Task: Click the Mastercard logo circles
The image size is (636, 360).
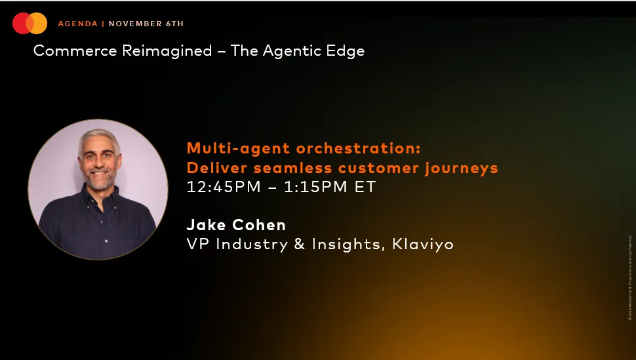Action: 30,24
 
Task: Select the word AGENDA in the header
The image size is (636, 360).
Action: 77,24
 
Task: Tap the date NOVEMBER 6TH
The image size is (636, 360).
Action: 146,24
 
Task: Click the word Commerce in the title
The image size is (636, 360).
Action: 77,51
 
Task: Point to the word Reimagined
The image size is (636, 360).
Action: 169,51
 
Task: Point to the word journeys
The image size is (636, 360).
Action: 462,168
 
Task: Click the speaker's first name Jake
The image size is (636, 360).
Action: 207,225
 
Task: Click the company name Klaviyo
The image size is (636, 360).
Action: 423,245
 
